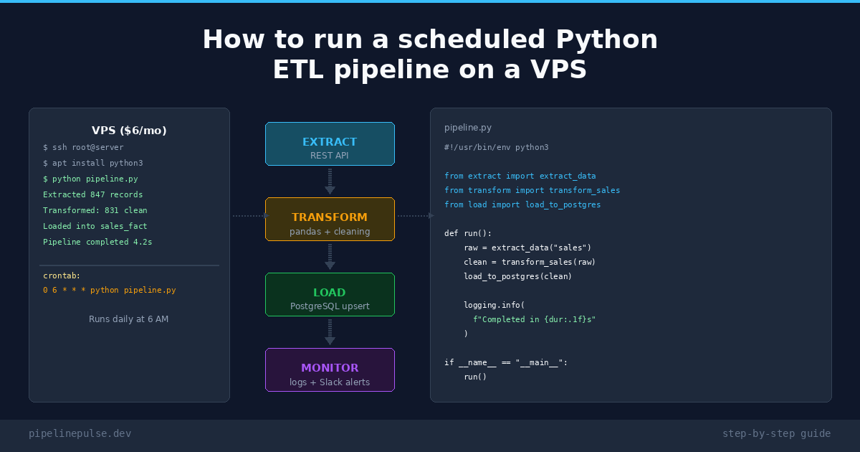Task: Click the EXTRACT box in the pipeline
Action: pyautogui.click(x=330, y=144)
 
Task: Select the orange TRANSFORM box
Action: pyautogui.click(x=330, y=220)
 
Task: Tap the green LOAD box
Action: pyautogui.click(x=330, y=295)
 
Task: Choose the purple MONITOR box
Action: pyautogui.click(x=330, y=370)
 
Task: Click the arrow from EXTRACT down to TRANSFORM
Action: pyautogui.click(x=330, y=181)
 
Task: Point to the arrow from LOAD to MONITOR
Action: pyautogui.click(x=330, y=331)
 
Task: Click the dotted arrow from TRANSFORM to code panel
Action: pyautogui.click(x=416, y=215)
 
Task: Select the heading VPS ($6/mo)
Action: pyautogui.click(x=129, y=131)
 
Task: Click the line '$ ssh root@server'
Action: pyautogui.click(x=83, y=147)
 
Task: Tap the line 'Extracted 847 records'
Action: pyautogui.click(x=92, y=194)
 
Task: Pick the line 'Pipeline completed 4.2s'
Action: pyautogui.click(x=97, y=242)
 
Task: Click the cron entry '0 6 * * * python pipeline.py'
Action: pyautogui.click(x=109, y=290)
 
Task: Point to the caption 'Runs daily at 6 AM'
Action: pyautogui.click(x=129, y=319)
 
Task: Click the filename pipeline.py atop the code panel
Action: pyautogui.click(x=468, y=128)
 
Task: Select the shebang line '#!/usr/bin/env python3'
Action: pyautogui.click(x=496, y=147)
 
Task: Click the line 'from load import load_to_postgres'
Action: pyautogui.click(x=522, y=204)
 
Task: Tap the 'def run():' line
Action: pyautogui.click(x=468, y=233)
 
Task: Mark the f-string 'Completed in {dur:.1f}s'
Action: pyautogui.click(x=534, y=319)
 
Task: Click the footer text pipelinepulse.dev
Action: pyautogui.click(x=80, y=433)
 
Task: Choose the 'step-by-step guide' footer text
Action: pyautogui.click(x=776, y=433)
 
